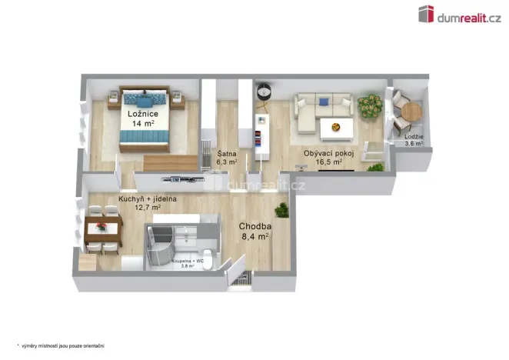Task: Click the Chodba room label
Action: click(x=253, y=227)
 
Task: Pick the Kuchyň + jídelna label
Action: click(x=148, y=198)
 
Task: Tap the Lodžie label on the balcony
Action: click(x=414, y=137)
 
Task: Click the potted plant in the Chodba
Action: click(x=282, y=208)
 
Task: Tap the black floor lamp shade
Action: click(x=264, y=92)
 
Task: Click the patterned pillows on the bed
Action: click(x=146, y=98)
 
